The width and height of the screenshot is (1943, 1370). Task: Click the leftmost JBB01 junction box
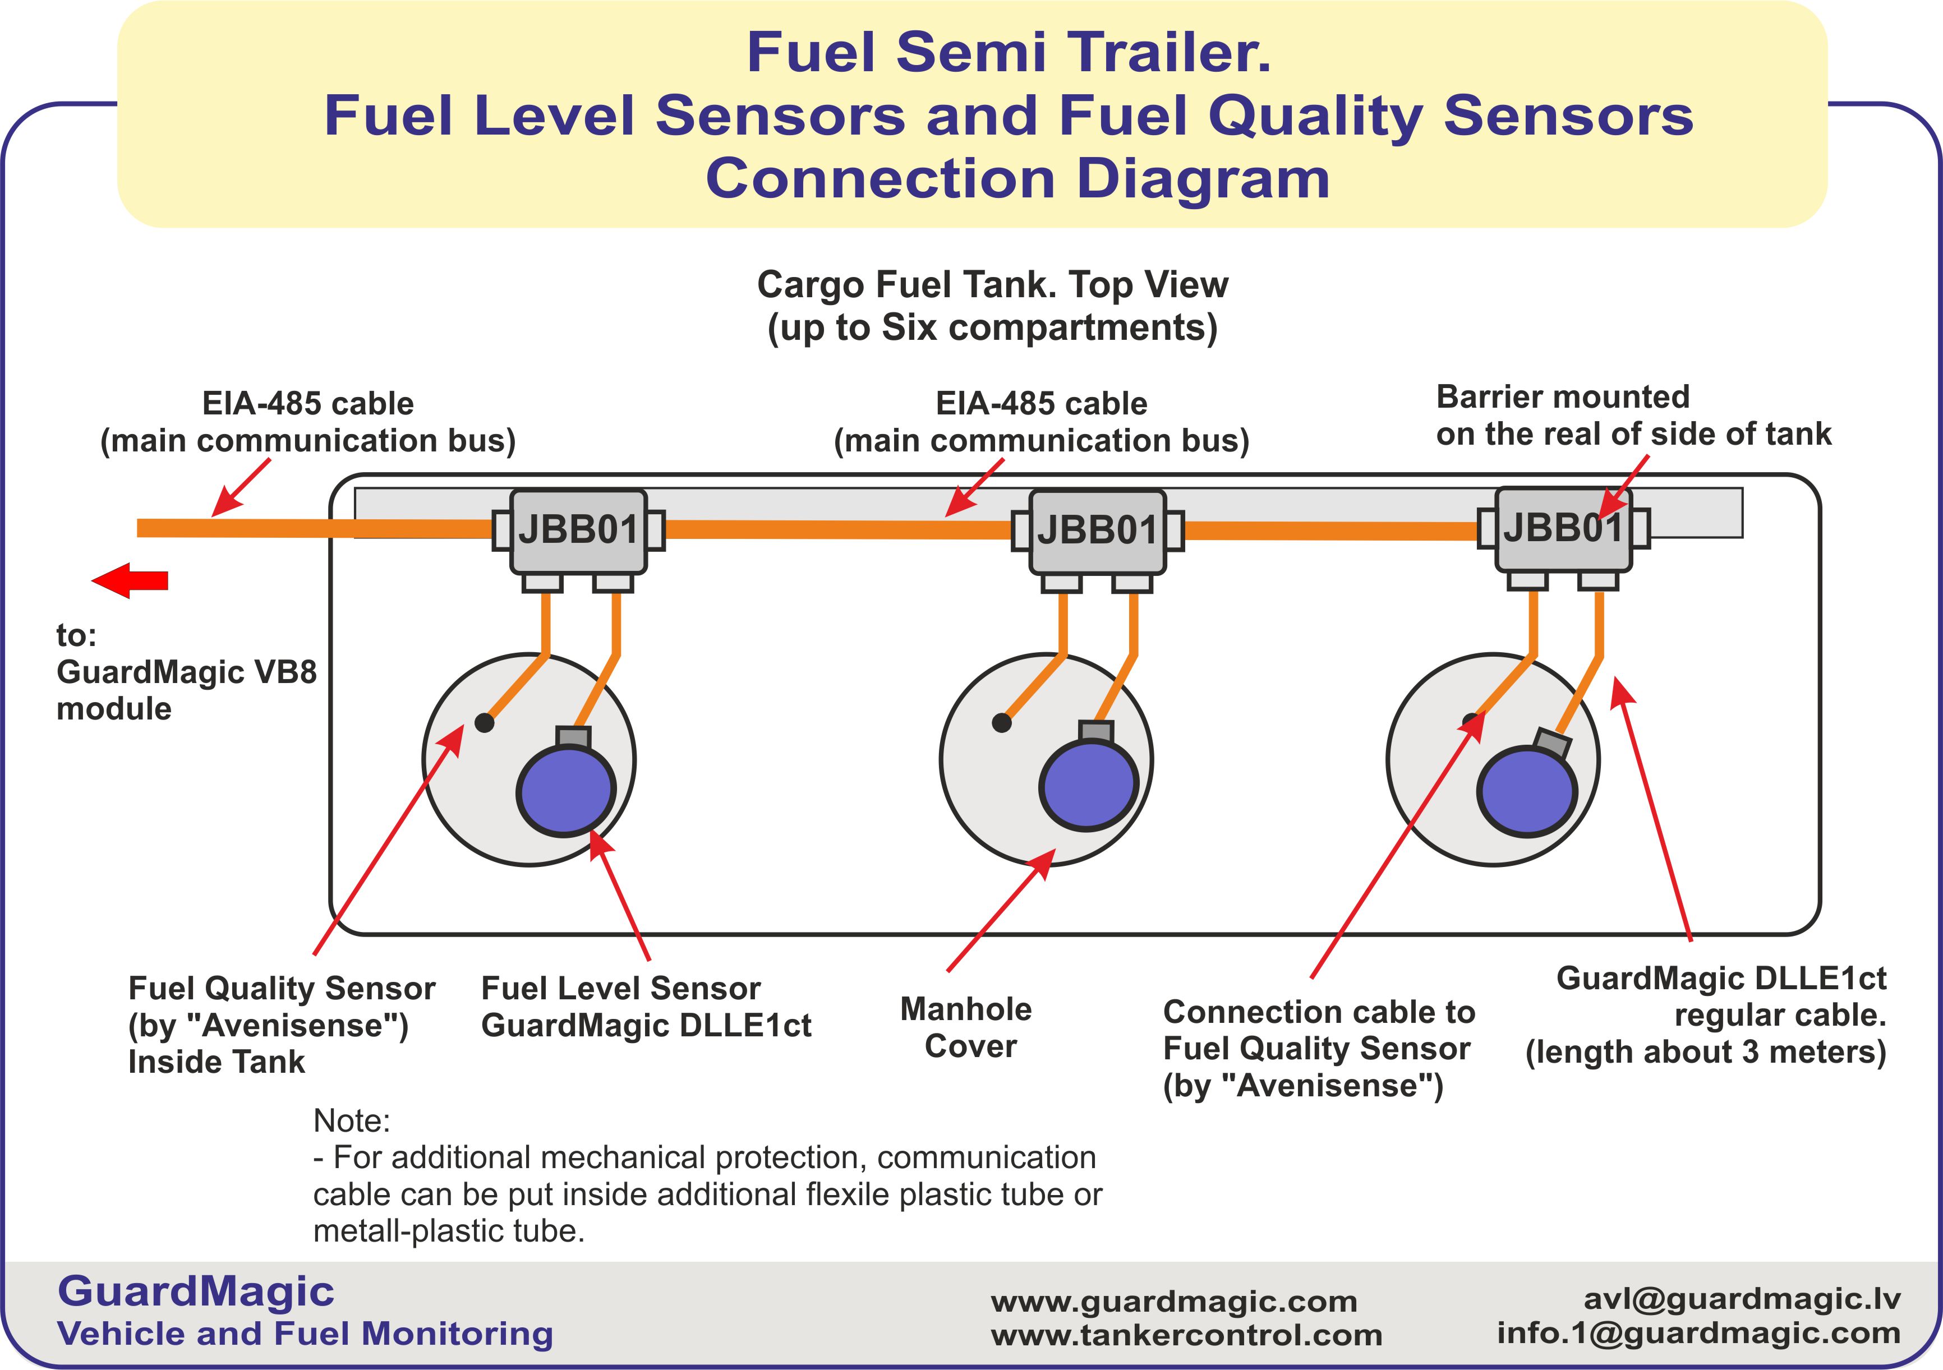(578, 531)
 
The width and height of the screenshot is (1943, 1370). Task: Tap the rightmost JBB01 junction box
(1563, 529)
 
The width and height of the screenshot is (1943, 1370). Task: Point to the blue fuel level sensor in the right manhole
(1527, 791)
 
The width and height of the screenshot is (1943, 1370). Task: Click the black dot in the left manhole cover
(484, 723)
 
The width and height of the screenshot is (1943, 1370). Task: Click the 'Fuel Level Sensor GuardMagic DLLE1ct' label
(645, 1007)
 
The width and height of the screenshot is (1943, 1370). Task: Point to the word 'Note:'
(351, 1120)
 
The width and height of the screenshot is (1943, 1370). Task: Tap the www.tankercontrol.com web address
(1186, 1335)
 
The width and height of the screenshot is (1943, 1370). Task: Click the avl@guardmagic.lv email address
(1742, 1298)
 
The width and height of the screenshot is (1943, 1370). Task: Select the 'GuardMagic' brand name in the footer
(196, 1291)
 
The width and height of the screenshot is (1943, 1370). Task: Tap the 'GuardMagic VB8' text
(186, 672)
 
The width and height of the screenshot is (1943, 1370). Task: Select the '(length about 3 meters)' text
(1705, 1053)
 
